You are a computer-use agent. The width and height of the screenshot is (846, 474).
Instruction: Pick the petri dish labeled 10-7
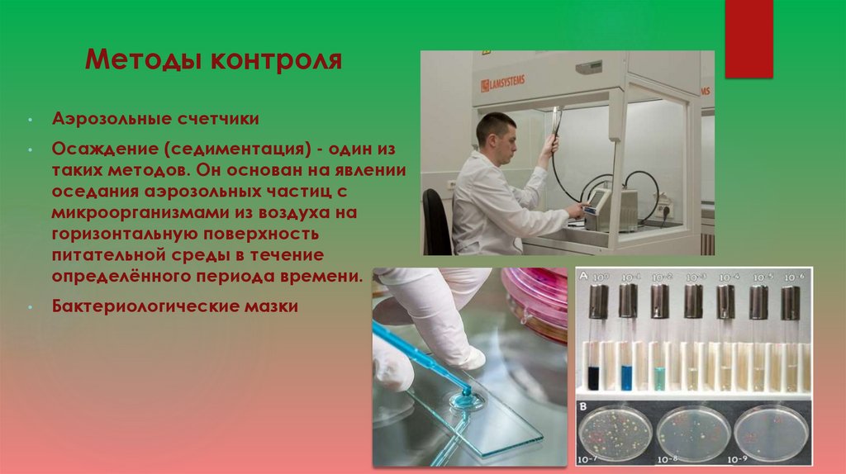coord(613,431)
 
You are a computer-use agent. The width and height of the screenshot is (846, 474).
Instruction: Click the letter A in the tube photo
coord(585,277)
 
